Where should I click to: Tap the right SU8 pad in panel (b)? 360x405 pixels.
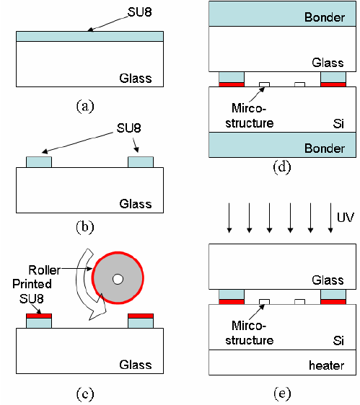[x=140, y=162]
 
